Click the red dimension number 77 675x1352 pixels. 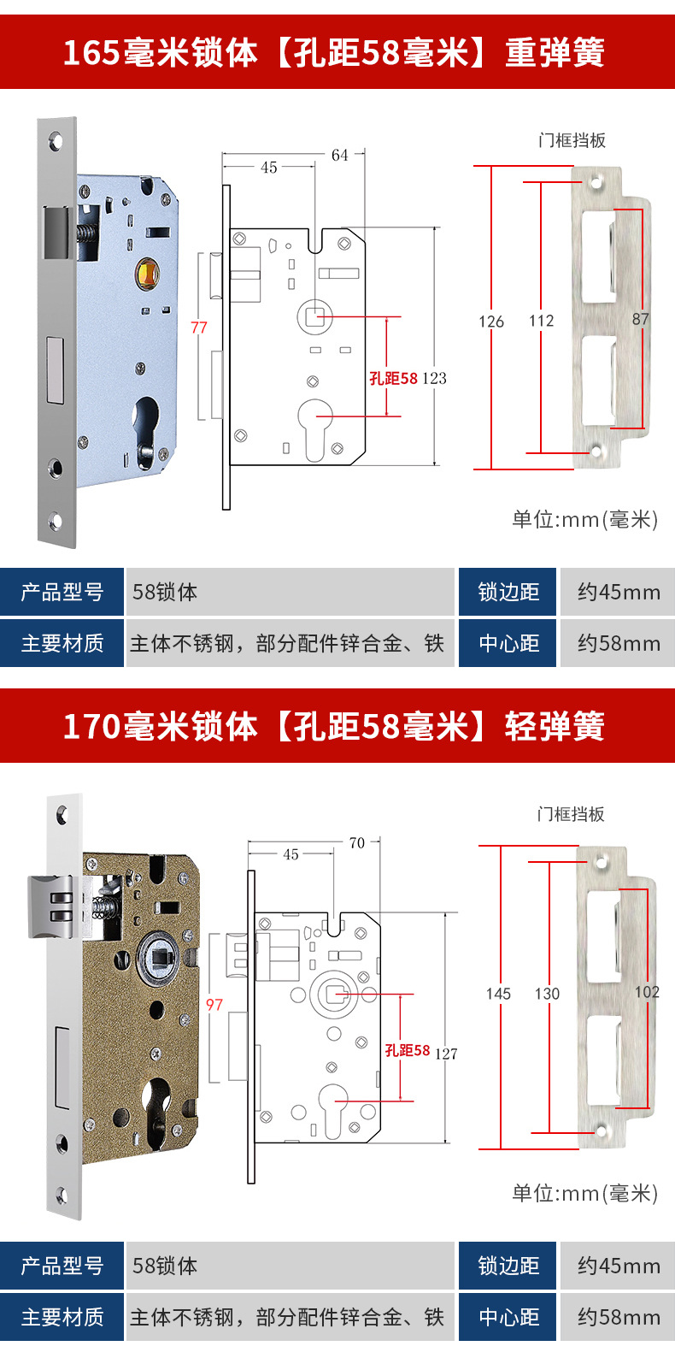point(199,328)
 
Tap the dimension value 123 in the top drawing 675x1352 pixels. point(434,378)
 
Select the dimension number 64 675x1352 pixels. point(340,155)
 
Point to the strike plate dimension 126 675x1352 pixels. point(491,322)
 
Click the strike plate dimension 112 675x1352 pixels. point(542,321)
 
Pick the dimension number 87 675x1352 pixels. point(641,319)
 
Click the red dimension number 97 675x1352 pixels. point(214,1005)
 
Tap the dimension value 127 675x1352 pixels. point(446,1054)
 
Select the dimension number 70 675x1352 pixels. point(357,842)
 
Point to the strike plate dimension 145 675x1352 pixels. point(498,994)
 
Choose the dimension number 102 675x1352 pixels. point(647,992)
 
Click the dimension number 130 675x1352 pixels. point(547,994)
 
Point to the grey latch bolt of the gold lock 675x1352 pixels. point(51,906)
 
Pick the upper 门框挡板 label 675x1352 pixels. point(572,140)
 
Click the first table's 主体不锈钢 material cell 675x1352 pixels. point(287,643)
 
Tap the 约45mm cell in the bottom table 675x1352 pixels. point(618,1266)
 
